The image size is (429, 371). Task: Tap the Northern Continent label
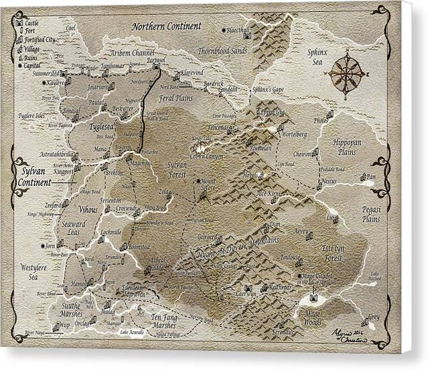tap(166, 27)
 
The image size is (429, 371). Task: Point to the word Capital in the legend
tap(34, 65)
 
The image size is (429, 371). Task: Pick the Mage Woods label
tap(315, 318)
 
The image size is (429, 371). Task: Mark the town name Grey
tap(374, 316)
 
